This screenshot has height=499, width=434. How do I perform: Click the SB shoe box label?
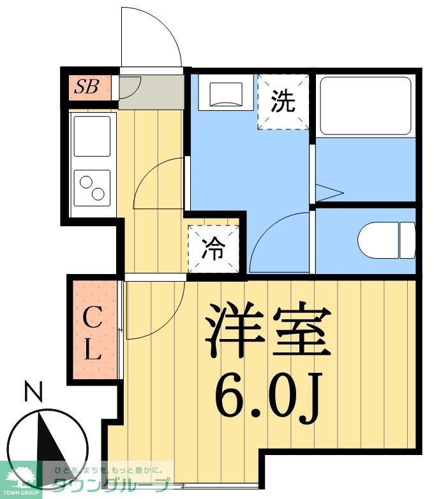click(x=87, y=87)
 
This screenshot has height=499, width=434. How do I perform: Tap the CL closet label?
click(x=93, y=331)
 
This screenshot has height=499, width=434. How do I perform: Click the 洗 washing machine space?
click(x=283, y=102)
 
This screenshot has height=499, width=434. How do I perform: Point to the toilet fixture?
click(x=386, y=240)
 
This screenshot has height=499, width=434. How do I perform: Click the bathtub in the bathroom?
click(x=364, y=105)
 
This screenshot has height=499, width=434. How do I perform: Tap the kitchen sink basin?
click(x=92, y=136)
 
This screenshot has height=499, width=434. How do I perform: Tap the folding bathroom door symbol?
click(x=329, y=192)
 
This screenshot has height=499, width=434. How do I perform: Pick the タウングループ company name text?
click(x=112, y=485)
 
